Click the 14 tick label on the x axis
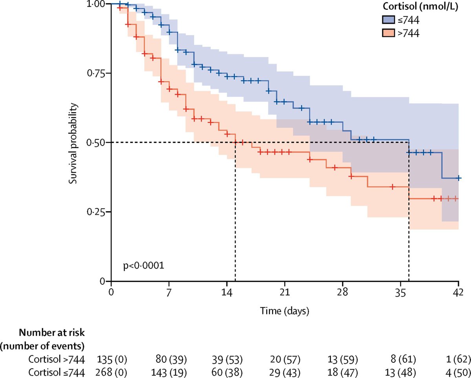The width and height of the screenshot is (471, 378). tap(227, 292)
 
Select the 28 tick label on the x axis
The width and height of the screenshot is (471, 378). tap(343, 292)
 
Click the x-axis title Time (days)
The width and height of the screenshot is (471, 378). tap(285, 311)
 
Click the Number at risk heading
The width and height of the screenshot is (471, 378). tap(52, 333)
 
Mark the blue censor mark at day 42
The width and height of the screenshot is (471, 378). tap(458, 178)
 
